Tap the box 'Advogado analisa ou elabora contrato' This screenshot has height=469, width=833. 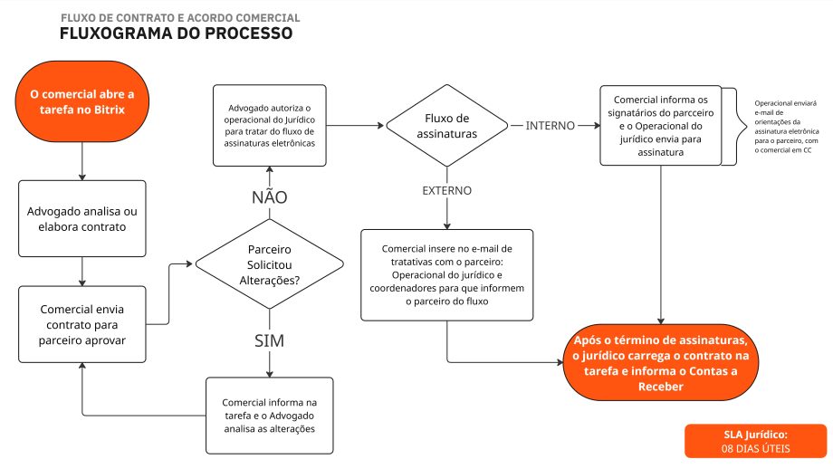pos(82,218)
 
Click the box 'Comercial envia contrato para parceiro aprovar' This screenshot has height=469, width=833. pos(82,323)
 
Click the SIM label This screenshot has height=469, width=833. pos(269,340)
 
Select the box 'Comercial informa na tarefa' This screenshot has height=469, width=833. pos(269,415)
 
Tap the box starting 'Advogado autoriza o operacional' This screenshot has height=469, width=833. pos(269,125)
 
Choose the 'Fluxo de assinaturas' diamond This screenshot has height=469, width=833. pos(445,125)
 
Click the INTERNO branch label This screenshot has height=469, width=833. pos(550,125)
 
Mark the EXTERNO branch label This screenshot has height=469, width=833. pos(447,191)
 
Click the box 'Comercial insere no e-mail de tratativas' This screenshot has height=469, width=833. pos(447,274)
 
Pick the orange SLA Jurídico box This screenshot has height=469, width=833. pos(755,441)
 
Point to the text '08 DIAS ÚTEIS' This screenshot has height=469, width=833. pos(755,448)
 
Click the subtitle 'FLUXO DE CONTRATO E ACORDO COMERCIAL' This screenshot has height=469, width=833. pos(179,18)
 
